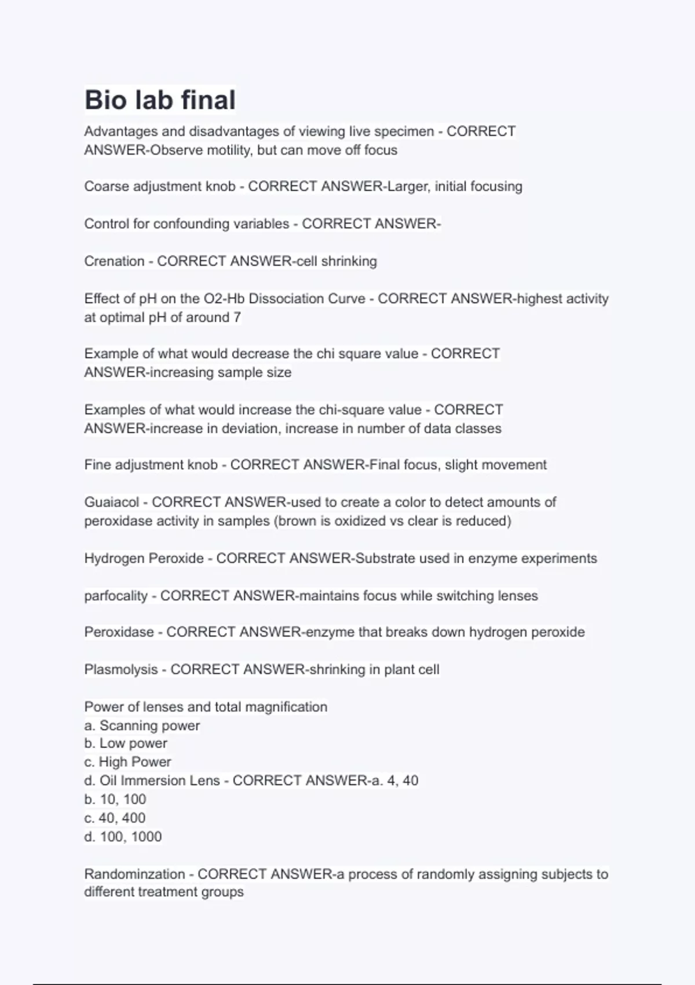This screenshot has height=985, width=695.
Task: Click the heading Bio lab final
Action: pos(160,100)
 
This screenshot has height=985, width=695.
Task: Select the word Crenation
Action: pos(114,261)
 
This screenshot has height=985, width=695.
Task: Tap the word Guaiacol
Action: pos(112,502)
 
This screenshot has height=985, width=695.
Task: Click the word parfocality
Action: pos(116,596)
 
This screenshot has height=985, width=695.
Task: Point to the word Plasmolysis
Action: pos(120,670)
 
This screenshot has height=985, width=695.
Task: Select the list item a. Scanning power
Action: pos(142,725)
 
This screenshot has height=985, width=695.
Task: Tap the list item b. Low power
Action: pos(126,743)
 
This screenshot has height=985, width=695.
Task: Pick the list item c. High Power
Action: pos(127,762)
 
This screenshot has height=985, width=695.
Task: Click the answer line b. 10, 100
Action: pos(115,800)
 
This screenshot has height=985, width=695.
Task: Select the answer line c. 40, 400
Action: pos(115,818)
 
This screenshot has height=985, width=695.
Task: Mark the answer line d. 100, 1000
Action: pos(123,837)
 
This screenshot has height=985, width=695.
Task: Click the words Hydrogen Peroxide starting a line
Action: pos(144,559)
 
